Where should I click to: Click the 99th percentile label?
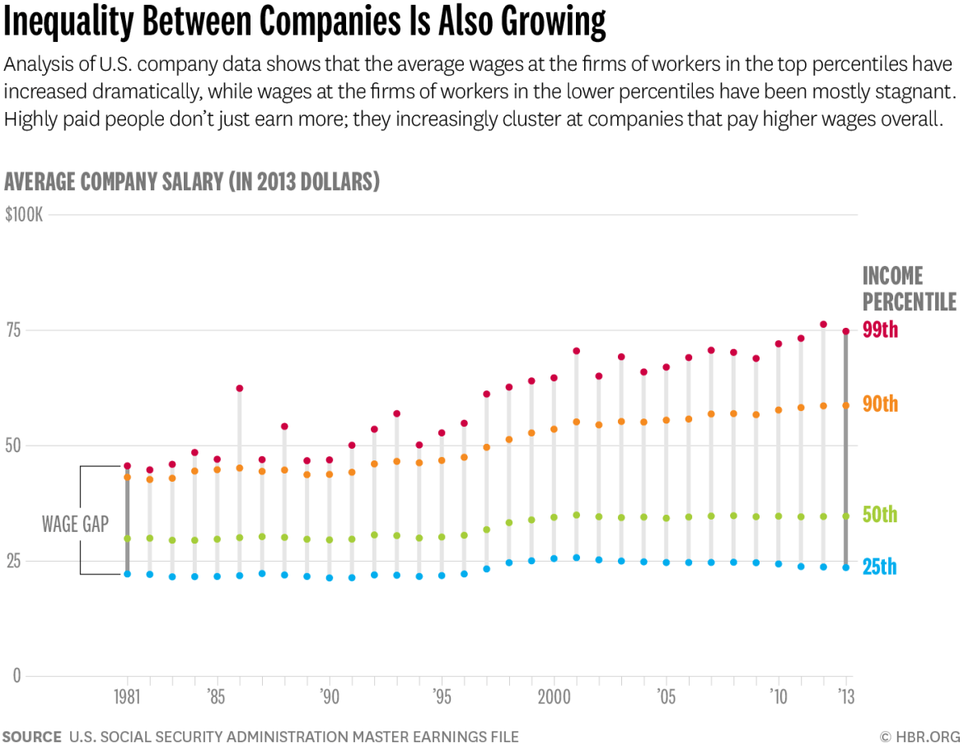click(880, 330)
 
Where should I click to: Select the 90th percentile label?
click(880, 404)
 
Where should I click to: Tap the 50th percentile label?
click(880, 515)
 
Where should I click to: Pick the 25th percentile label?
click(879, 567)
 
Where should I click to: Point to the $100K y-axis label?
click(24, 215)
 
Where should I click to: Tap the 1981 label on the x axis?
click(127, 696)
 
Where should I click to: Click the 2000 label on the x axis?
click(553, 696)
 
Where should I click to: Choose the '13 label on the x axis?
click(845, 696)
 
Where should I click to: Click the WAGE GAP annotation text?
click(75, 524)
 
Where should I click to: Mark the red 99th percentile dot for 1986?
click(240, 388)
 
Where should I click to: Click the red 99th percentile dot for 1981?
click(127, 466)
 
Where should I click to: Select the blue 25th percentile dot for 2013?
click(845, 567)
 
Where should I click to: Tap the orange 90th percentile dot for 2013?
click(845, 405)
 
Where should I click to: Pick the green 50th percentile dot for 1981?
click(127, 539)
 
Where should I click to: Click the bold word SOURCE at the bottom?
click(31, 736)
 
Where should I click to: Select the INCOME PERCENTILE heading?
click(909, 288)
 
